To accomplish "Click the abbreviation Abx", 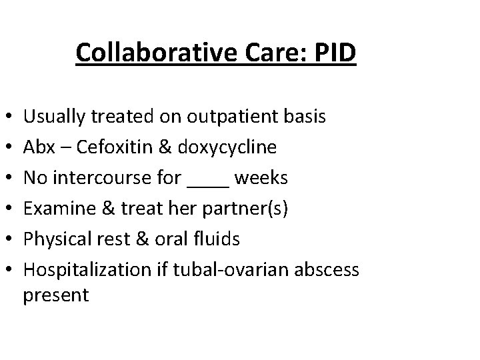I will (x=37, y=147).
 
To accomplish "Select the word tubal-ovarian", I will (x=213, y=270).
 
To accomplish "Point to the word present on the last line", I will (x=55, y=295).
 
